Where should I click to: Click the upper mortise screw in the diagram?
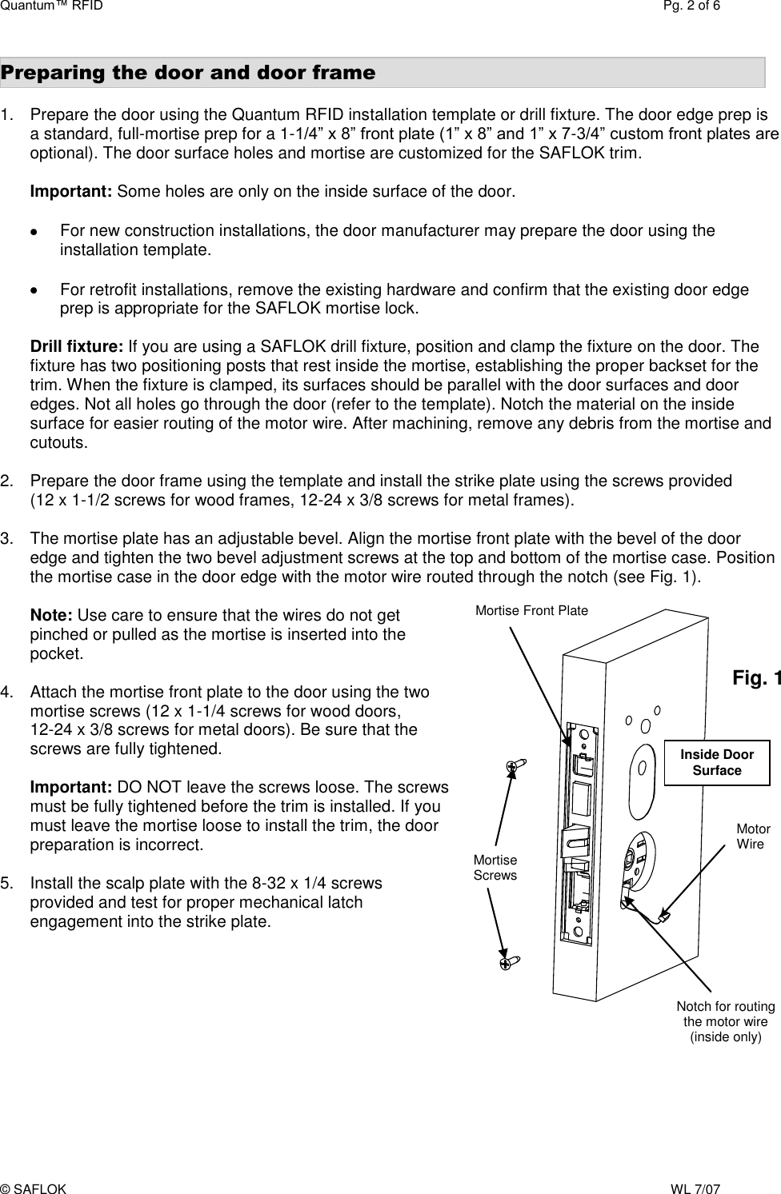[514, 765]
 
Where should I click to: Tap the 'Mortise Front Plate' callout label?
[531, 611]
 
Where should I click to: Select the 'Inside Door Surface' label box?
[717, 762]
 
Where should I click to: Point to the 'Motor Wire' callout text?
[752, 837]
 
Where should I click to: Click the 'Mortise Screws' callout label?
[495, 868]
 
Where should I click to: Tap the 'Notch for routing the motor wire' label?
[725, 1021]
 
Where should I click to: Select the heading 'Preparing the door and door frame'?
[188, 73]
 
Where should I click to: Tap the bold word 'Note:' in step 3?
[51, 615]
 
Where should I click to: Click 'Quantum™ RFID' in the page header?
[51, 7]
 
